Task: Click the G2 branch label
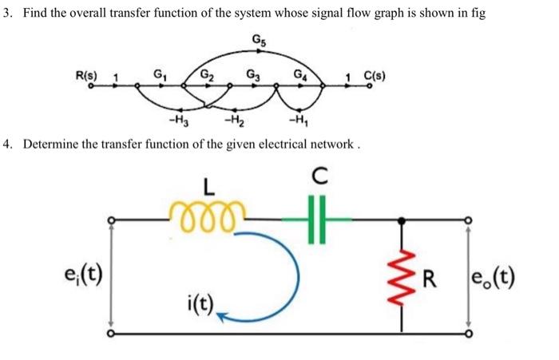207,76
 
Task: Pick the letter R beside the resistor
431,279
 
